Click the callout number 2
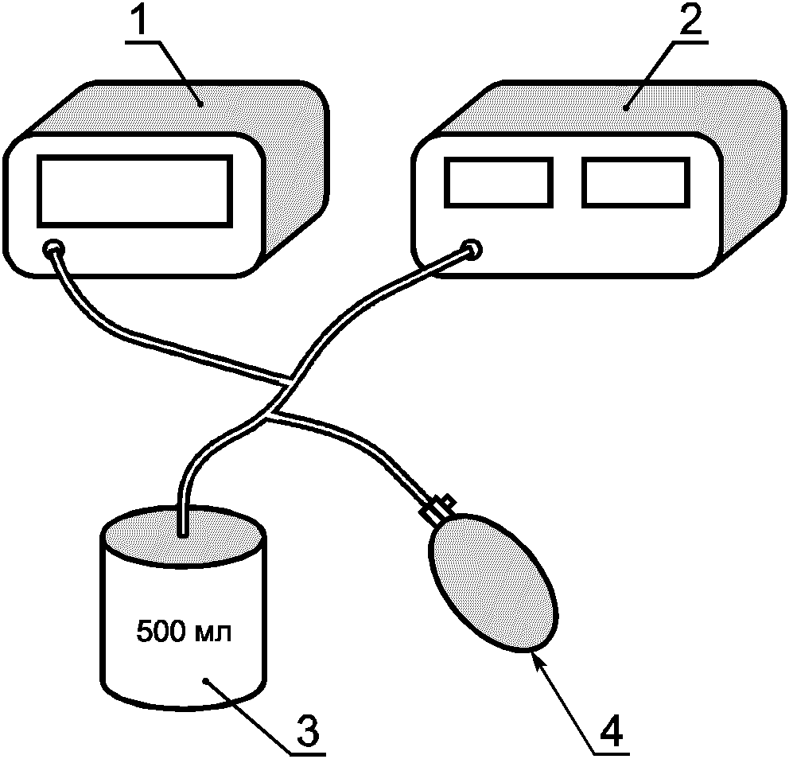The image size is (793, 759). tap(691, 19)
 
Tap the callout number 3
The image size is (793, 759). tap(308, 730)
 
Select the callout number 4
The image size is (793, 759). tap(611, 730)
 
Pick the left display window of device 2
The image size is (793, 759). tap(499, 183)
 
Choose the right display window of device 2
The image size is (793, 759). tap(636, 183)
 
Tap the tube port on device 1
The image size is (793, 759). tap(53, 248)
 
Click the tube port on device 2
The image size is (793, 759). tap(472, 249)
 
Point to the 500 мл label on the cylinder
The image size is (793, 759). tap(184, 632)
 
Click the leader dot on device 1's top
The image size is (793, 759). tap(200, 105)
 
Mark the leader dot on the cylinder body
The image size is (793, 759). tap(205, 681)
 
